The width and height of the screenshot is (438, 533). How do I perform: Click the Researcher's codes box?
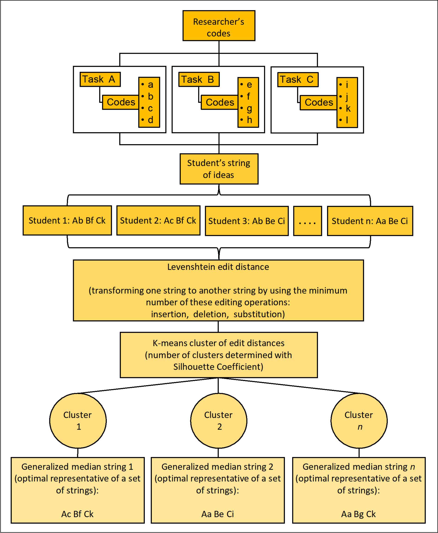click(x=219, y=26)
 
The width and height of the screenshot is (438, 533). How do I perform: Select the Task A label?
click(x=100, y=79)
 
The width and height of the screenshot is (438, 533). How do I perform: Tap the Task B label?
click(x=199, y=79)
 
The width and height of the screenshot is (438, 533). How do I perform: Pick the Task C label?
click(x=298, y=80)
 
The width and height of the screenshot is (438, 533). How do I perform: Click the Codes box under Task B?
click(x=220, y=102)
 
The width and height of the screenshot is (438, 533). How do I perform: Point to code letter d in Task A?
click(x=150, y=120)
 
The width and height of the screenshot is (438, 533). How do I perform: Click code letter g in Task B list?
click(x=249, y=108)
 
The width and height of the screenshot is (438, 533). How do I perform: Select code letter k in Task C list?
click(x=348, y=108)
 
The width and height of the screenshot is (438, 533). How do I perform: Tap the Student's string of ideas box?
click(x=219, y=169)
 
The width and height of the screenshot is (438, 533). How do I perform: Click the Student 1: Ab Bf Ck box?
click(x=67, y=220)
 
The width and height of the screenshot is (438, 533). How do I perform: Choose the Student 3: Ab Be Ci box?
click(x=247, y=221)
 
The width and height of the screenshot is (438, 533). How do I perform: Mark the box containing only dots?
click(x=307, y=221)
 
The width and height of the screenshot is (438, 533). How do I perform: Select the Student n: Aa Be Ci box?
click(x=370, y=221)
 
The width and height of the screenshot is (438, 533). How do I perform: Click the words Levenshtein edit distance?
click(x=218, y=267)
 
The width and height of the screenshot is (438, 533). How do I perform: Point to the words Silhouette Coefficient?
click(x=218, y=367)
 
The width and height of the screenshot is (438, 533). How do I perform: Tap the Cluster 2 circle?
click(x=218, y=421)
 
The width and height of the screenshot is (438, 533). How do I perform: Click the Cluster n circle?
click(x=359, y=421)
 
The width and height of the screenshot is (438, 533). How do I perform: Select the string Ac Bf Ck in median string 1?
click(x=77, y=514)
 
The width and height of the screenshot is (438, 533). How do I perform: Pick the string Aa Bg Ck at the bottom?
click(x=358, y=514)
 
